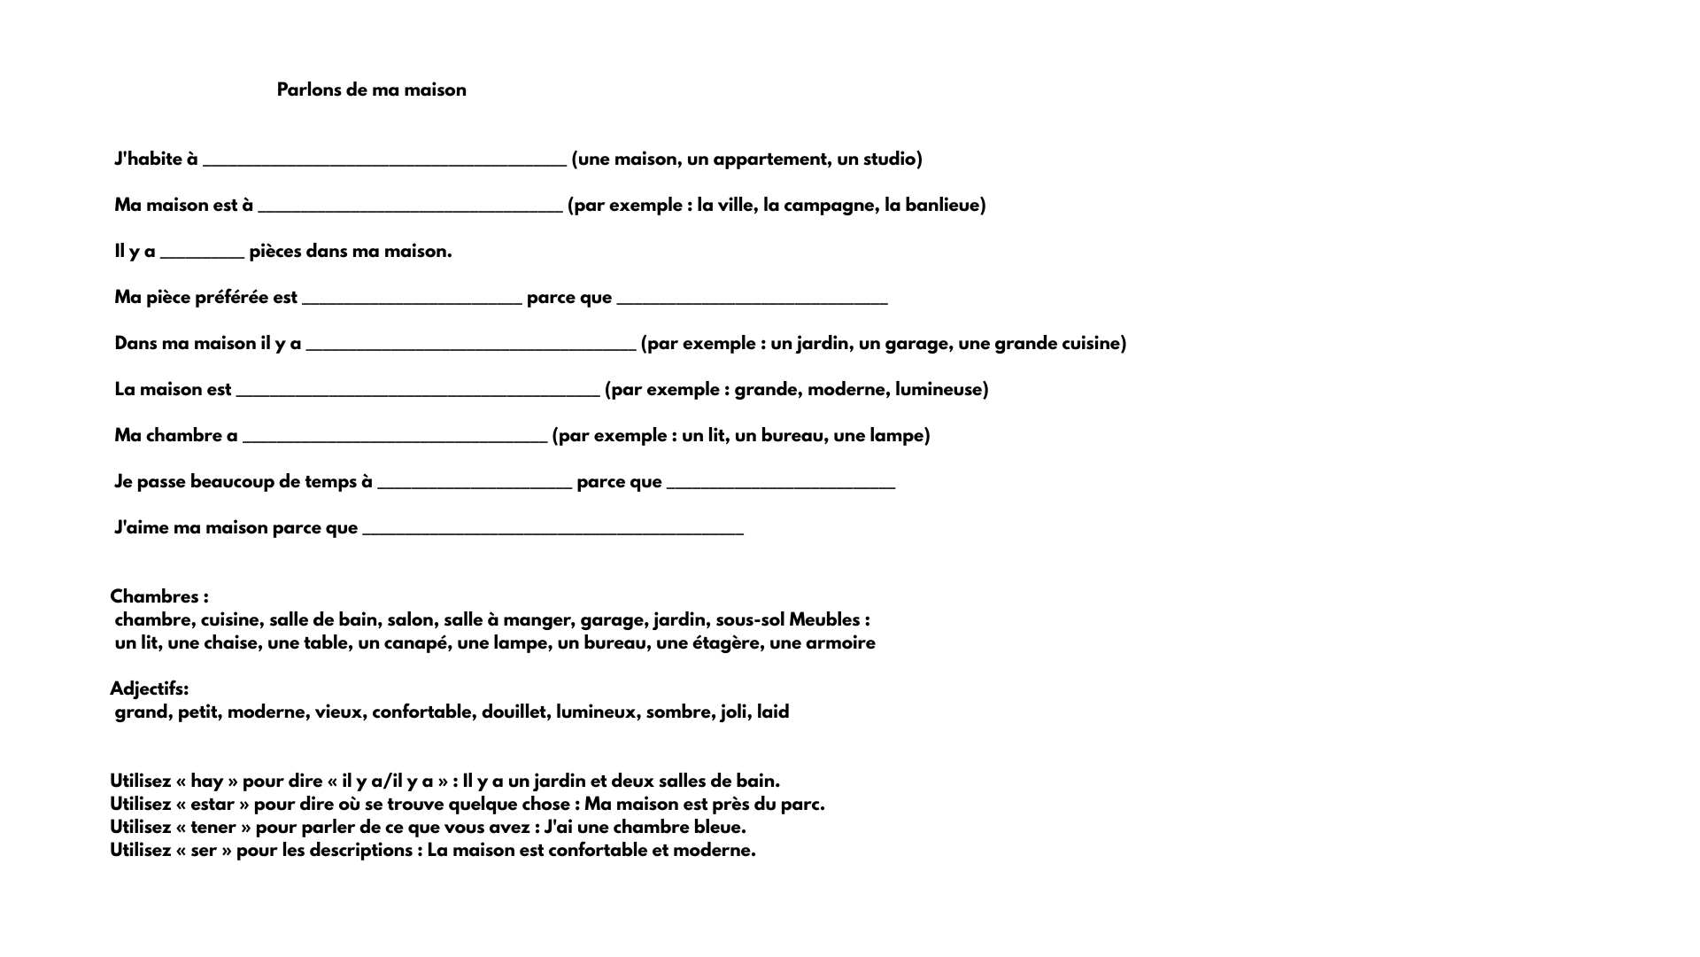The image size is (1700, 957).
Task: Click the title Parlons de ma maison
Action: (x=371, y=90)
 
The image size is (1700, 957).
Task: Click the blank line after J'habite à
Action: (x=384, y=162)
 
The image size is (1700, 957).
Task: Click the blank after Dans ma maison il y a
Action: (x=470, y=346)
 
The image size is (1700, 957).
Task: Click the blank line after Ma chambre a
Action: (x=394, y=439)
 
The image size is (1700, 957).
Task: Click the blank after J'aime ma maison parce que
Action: (x=552, y=531)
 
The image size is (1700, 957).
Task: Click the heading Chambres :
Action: (x=159, y=596)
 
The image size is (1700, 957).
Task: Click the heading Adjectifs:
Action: (x=149, y=689)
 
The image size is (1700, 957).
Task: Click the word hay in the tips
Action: (x=206, y=782)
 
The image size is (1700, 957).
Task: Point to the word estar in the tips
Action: (x=212, y=805)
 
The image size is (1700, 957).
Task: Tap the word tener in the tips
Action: (x=212, y=828)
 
